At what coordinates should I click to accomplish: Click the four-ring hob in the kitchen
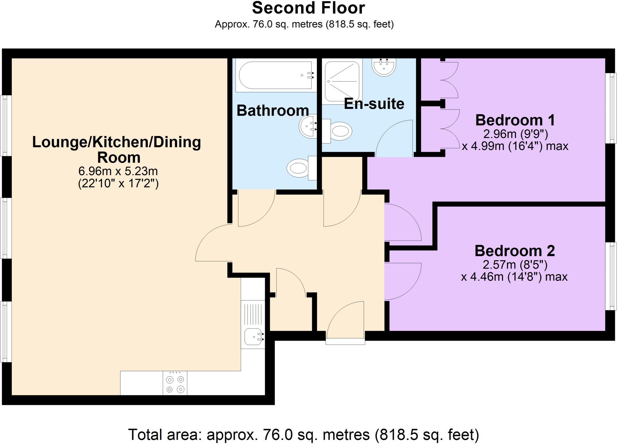(x=175, y=383)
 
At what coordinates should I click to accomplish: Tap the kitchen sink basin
(x=253, y=337)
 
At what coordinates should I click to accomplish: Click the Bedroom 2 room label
(x=515, y=251)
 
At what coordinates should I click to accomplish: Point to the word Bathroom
(x=273, y=110)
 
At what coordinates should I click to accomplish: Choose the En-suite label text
(x=374, y=103)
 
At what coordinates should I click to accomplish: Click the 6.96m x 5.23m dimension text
(x=118, y=171)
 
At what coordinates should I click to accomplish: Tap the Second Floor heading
(x=308, y=8)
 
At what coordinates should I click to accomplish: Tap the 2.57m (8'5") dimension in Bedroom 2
(x=515, y=265)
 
